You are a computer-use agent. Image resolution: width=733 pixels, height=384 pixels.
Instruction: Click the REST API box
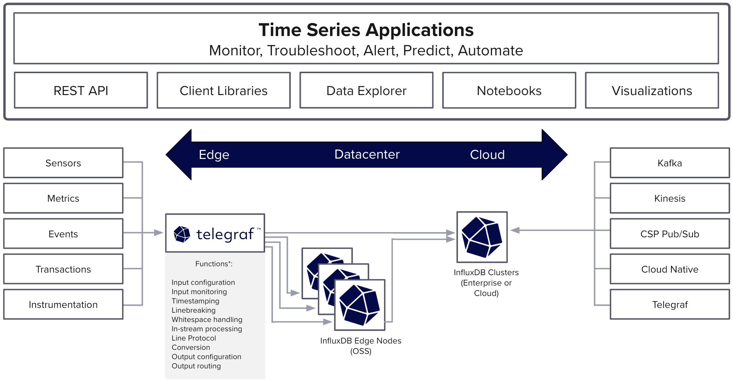(x=81, y=91)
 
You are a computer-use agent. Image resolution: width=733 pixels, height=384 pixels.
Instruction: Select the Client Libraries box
(x=224, y=91)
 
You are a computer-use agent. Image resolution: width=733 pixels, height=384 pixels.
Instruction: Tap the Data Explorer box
(x=366, y=91)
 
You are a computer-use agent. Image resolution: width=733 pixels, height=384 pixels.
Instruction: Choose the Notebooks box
(x=509, y=91)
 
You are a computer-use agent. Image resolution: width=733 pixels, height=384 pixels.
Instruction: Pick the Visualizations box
(x=652, y=91)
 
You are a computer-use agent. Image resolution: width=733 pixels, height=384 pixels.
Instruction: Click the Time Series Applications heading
(x=366, y=30)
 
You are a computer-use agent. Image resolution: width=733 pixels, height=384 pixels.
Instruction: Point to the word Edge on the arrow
(x=214, y=154)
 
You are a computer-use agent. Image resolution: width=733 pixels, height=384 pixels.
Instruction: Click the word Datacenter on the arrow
(x=367, y=154)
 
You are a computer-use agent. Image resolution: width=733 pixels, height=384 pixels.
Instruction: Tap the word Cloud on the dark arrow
(x=487, y=154)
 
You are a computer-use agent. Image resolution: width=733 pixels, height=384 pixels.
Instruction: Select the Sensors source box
(x=63, y=163)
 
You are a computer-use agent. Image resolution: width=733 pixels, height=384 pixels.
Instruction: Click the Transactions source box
(x=63, y=269)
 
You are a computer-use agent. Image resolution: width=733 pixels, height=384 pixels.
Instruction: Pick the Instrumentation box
(x=63, y=305)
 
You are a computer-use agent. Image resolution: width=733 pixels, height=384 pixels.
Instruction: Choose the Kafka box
(x=670, y=163)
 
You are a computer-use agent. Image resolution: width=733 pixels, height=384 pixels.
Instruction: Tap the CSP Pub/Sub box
(x=670, y=234)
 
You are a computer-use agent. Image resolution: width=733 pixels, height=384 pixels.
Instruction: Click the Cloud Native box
(x=670, y=269)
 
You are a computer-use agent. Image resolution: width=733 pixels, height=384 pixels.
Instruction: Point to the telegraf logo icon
(x=182, y=234)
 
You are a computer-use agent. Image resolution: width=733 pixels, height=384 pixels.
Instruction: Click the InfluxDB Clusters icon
(x=482, y=237)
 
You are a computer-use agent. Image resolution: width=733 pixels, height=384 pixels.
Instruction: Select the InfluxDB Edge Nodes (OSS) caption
(x=361, y=346)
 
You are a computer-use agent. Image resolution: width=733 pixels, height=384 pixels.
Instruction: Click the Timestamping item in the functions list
(x=195, y=301)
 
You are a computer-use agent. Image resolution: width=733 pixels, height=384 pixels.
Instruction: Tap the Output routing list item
(x=196, y=366)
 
